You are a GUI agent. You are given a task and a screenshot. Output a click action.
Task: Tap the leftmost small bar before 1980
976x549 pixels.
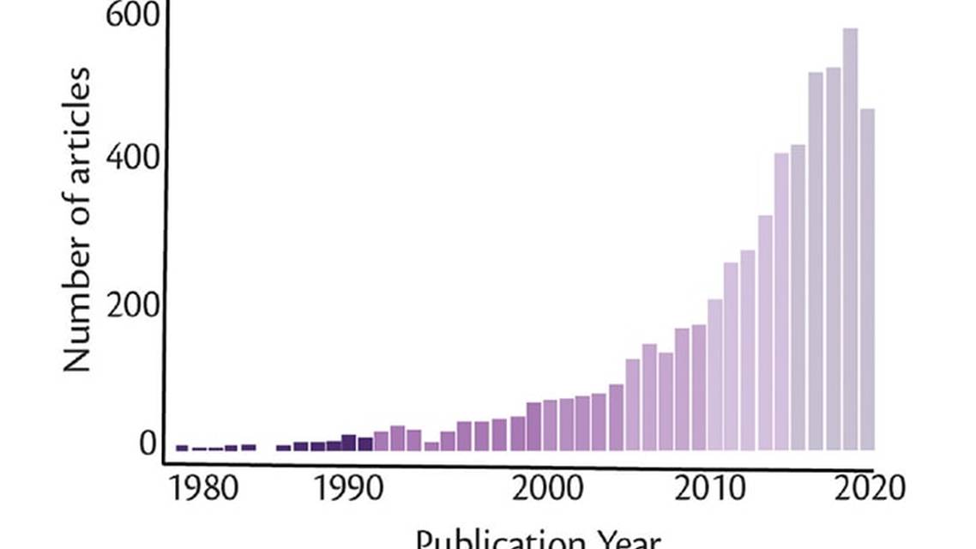[182, 447]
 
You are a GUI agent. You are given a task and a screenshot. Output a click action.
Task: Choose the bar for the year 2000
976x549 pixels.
[533, 425]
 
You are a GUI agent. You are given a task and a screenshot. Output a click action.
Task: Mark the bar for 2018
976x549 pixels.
[833, 258]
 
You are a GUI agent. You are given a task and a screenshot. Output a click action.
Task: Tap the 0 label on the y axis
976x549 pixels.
[148, 443]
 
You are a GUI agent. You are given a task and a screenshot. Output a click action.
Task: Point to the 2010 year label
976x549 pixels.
[711, 489]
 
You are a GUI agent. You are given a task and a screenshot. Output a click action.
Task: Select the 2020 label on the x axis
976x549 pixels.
[869, 489]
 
